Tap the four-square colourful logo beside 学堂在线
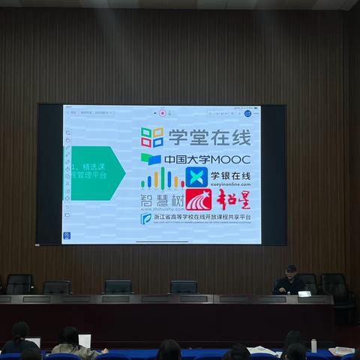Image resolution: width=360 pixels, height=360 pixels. (x=152, y=137)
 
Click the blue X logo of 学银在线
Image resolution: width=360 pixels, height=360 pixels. (x=196, y=177)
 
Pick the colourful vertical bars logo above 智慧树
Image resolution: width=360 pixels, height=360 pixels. (x=162, y=178)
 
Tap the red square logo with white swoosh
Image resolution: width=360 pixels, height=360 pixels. (x=198, y=199)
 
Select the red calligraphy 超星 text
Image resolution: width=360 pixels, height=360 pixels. (x=233, y=199)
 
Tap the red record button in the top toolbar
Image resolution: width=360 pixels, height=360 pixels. (x=162, y=112)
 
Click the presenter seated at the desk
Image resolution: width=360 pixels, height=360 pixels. (x=290, y=282)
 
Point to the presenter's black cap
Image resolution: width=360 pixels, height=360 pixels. (x=291, y=268)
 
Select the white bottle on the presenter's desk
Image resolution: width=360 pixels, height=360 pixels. (x=313, y=346)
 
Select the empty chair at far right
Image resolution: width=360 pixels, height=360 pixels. (x=335, y=286)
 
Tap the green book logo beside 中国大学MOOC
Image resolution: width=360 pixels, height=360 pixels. (x=151, y=159)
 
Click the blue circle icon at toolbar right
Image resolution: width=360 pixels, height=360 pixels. (x=247, y=112)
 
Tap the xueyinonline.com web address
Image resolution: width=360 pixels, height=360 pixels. (x=230, y=184)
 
